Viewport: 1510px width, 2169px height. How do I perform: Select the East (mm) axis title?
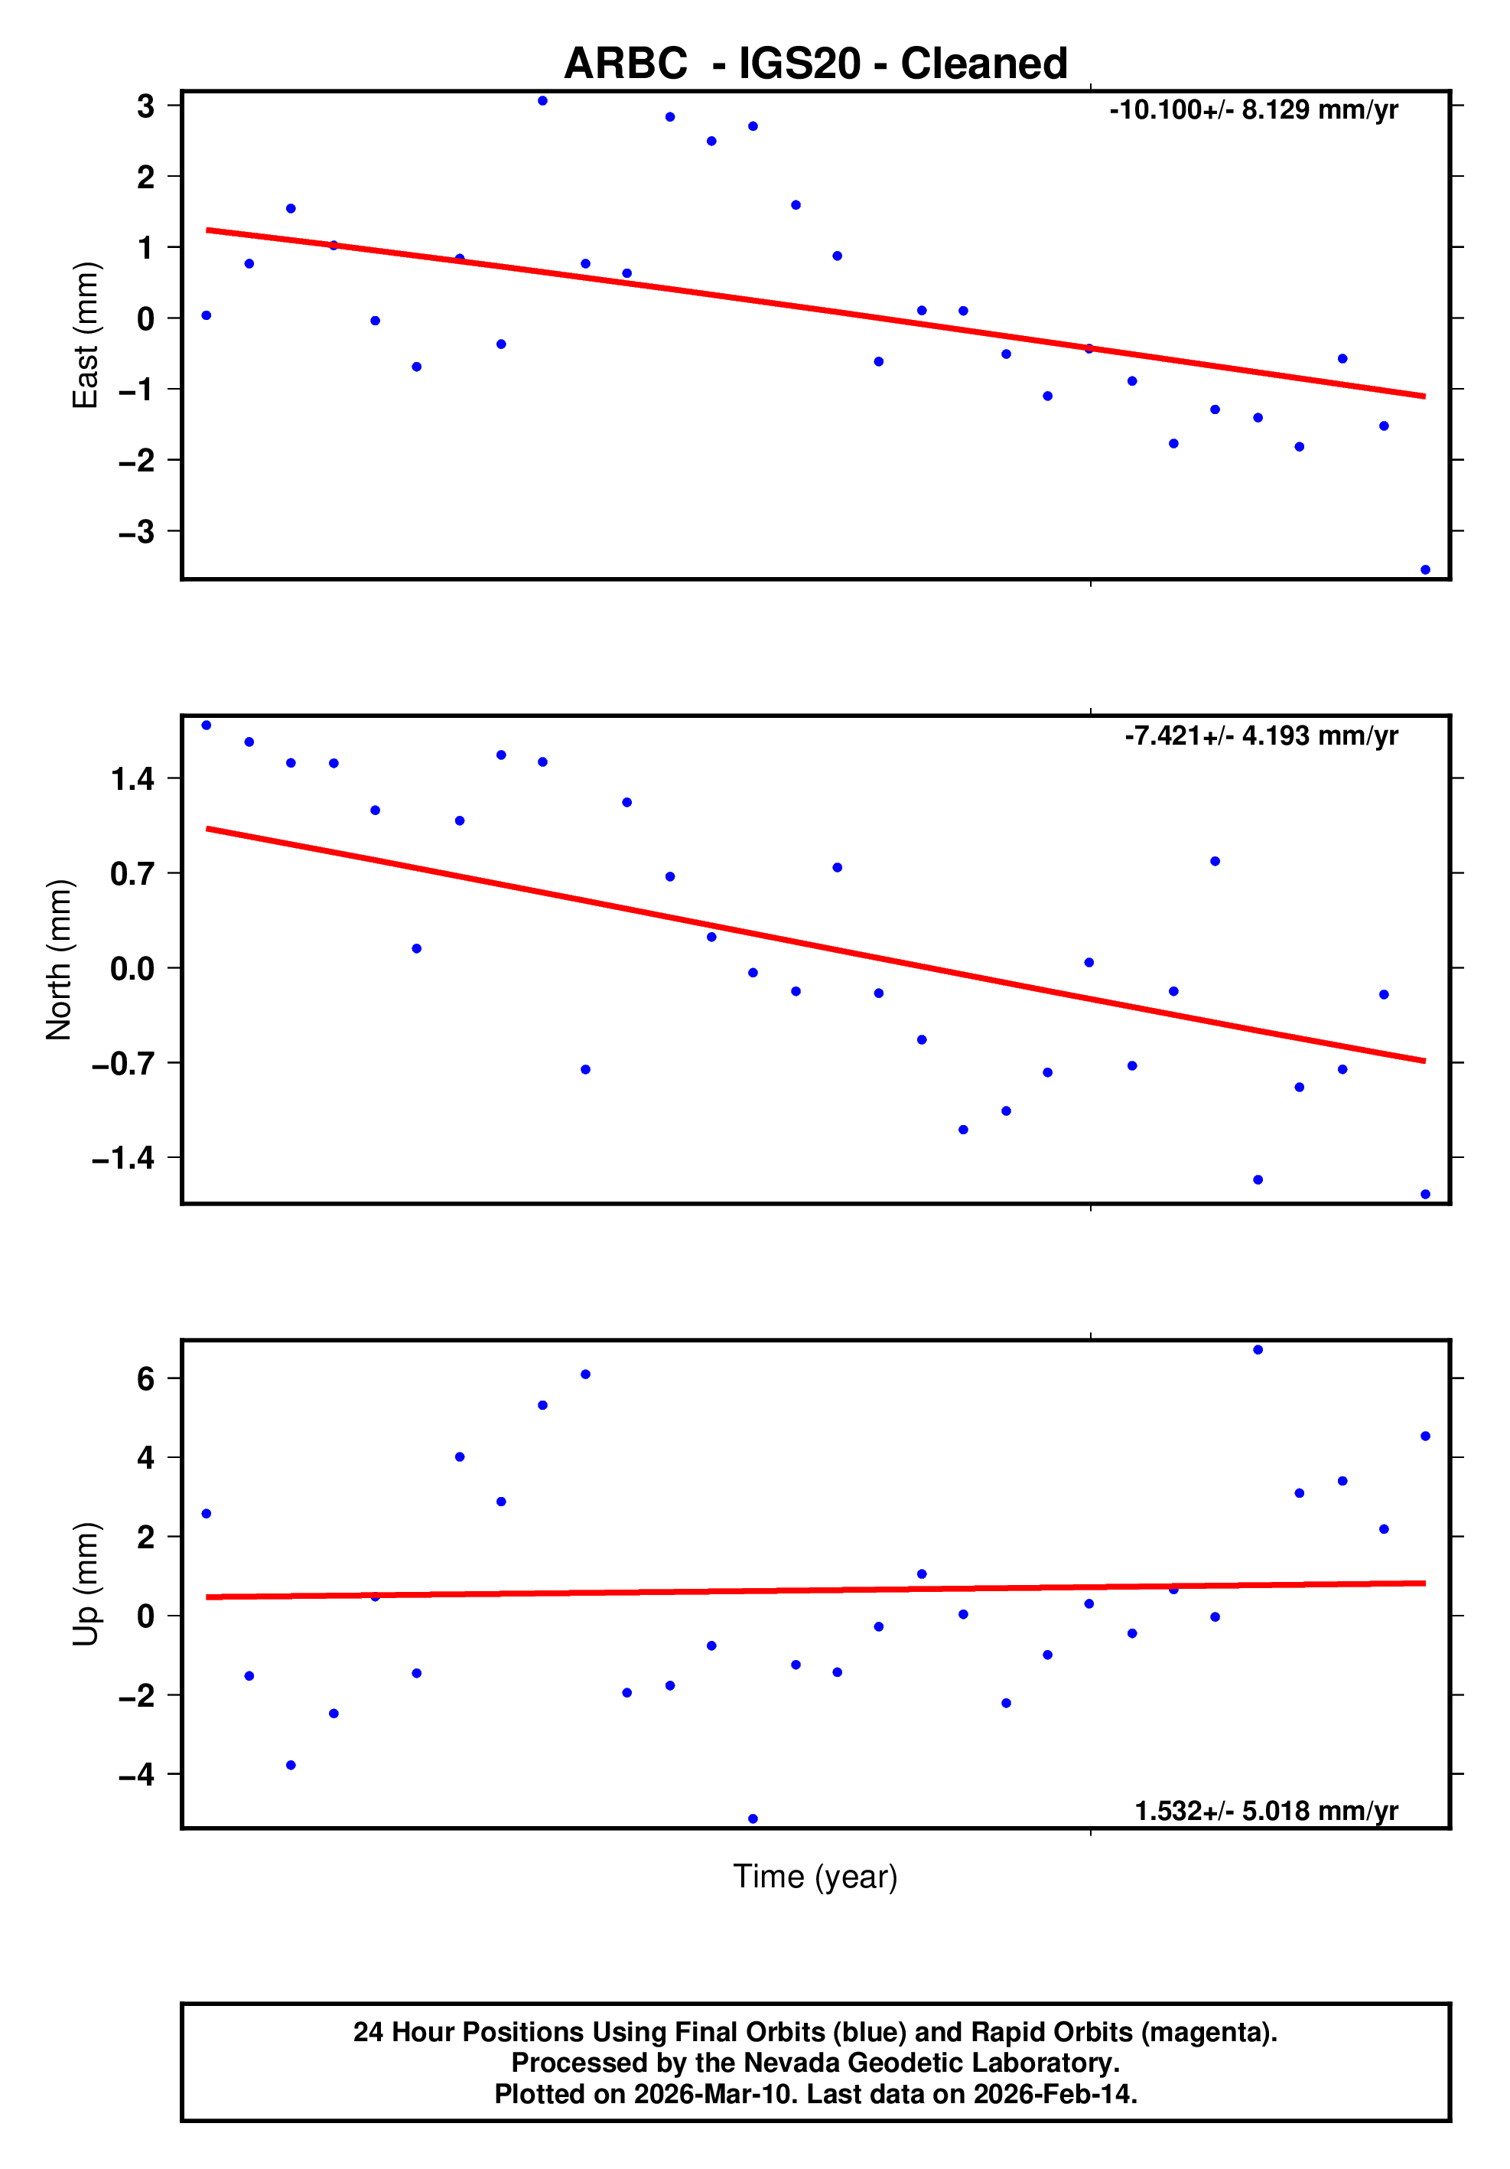(85, 335)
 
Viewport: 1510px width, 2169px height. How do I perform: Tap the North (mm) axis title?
(59, 960)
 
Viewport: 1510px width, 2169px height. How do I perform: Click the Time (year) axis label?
(815, 1876)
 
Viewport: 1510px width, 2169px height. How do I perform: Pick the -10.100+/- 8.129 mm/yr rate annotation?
(1253, 110)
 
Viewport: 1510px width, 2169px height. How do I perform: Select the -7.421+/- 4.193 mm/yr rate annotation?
(1261, 736)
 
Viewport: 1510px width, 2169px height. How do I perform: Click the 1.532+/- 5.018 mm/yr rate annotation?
(1265, 1811)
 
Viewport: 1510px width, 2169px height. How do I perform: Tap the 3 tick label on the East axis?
(145, 106)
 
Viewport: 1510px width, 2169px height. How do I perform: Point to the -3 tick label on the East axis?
(137, 532)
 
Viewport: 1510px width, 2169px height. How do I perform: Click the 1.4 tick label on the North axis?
(132, 779)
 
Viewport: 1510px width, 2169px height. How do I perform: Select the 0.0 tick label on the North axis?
(132, 968)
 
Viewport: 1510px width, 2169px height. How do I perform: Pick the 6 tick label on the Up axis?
(145, 1379)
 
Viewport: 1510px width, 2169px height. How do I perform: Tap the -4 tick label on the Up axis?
(137, 1775)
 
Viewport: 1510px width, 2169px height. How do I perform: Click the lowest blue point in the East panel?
(1425, 569)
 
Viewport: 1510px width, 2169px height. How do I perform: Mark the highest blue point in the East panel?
(543, 101)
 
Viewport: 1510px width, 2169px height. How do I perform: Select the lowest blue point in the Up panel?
(753, 1818)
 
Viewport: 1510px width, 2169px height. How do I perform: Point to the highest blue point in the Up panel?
(1258, 1350)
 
